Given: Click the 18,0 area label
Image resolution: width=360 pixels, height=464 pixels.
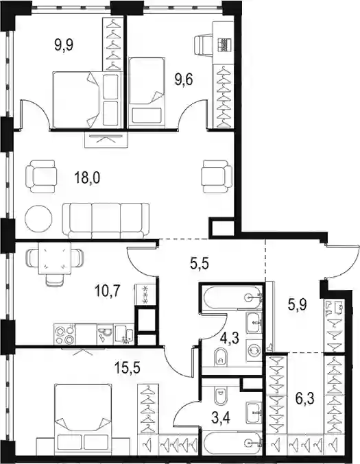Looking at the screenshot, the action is [87, 178].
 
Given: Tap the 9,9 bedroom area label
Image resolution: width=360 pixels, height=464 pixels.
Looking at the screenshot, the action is [64, 45].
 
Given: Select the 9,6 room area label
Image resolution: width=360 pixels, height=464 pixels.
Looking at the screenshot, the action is [184, 80].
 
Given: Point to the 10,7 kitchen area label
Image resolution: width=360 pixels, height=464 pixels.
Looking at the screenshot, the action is [107, 291].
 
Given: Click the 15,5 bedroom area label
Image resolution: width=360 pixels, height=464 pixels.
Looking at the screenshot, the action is [128, 368].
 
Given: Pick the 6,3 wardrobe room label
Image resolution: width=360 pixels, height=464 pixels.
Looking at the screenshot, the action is [305, 398].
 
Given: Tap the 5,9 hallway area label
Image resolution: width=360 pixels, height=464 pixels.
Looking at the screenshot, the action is [298, 304].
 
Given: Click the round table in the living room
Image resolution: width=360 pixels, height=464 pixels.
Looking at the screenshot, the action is [38, 219].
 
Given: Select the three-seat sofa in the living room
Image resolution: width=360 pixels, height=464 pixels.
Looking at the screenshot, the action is [106, 221].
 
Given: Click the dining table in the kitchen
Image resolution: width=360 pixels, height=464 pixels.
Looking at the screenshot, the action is [54, 258].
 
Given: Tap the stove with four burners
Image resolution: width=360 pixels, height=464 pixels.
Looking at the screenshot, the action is [64, 334].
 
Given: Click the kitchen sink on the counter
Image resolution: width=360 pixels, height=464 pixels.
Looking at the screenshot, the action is [105, 334].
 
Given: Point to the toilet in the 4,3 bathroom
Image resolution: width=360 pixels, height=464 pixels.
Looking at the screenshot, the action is [220, 356].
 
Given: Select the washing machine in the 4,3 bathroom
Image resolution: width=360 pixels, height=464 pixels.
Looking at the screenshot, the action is [254, 352].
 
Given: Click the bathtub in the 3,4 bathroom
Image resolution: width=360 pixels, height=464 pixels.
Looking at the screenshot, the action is [232, 443].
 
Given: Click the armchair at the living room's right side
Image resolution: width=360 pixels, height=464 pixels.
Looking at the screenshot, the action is [217, 177].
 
